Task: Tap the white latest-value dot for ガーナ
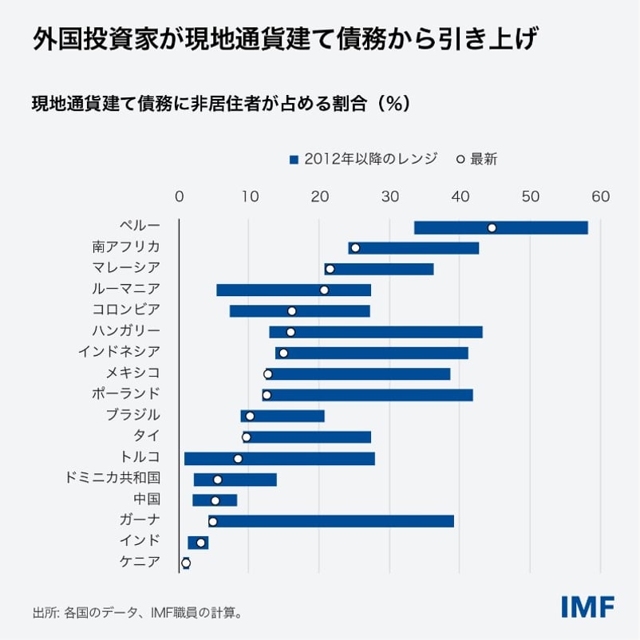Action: coord(212,521)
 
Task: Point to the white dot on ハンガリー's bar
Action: coord(290,332)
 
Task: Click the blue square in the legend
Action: coord(294,159)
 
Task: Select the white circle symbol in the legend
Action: coord(460,159)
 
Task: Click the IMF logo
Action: coord(587,606)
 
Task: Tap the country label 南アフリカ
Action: coord(126,247)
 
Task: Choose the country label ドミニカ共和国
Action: coord(113,478)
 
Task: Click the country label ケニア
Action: coord(140,562)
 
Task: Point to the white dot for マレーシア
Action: coord(330,269)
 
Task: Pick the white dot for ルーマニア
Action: coord(324,290)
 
